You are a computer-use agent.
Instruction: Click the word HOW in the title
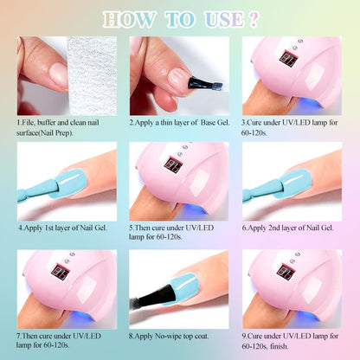129,20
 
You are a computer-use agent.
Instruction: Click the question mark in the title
253,20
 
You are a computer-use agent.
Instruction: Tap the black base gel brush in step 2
205,83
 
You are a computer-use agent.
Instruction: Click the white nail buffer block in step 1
93,76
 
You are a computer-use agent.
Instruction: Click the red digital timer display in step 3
288,58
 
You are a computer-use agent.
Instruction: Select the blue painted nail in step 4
68,183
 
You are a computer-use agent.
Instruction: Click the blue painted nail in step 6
293,183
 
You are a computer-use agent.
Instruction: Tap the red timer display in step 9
286,272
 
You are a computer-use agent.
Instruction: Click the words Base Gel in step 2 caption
215,123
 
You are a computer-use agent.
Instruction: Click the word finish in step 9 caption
279,346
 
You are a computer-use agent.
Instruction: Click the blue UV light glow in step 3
309,104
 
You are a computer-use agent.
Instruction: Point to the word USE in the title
223,20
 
